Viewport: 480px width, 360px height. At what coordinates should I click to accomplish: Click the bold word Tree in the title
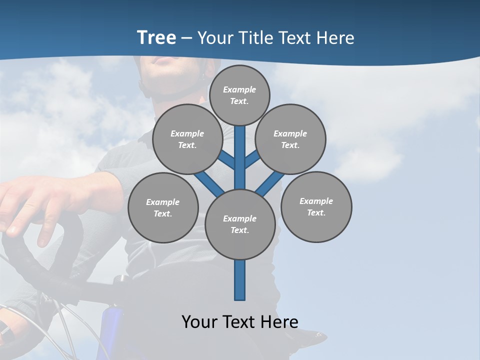156,37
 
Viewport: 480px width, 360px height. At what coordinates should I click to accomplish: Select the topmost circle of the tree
239,95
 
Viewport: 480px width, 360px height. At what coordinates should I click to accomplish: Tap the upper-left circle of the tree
187,139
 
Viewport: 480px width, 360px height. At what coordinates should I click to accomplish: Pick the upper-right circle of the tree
290,139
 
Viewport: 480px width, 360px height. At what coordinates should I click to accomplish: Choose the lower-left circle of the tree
163,207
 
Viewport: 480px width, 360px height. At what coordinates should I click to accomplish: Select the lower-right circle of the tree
316,206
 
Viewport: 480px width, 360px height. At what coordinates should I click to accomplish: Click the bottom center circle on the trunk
240,224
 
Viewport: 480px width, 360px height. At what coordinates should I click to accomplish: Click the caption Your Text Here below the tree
240,321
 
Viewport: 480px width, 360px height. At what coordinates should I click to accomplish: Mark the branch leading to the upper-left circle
226,160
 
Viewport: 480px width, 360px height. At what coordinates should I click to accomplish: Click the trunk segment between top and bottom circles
240,160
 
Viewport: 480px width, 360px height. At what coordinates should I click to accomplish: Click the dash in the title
186,38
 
